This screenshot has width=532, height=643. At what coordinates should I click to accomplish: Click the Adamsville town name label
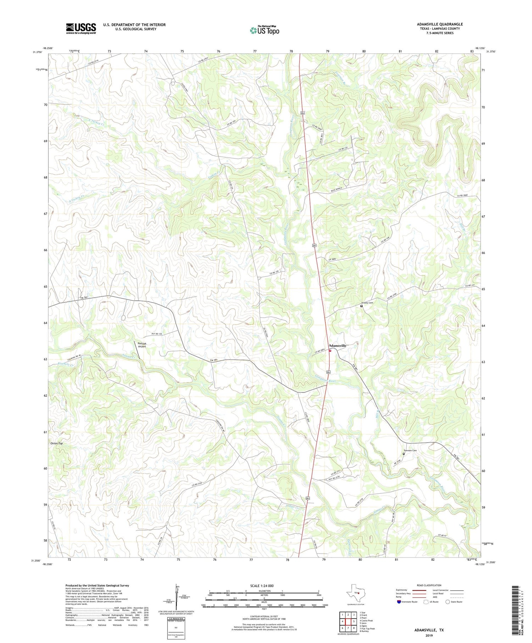coord(337,345)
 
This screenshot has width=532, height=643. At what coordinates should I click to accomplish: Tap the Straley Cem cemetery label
coord(367,303)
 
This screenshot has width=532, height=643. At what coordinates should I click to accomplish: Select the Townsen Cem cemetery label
coord(410,450)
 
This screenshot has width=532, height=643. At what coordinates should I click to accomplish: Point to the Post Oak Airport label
coord(142,345)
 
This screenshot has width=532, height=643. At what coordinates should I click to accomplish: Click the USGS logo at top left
coord(81,28)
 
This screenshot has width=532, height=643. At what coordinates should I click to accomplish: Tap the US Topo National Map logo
coord(264,30)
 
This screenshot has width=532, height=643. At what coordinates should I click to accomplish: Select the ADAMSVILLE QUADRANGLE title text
coord(440,24)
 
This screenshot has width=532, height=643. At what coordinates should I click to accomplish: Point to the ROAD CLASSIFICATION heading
coord(429,585)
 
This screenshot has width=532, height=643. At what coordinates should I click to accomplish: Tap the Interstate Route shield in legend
coord(399,602)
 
